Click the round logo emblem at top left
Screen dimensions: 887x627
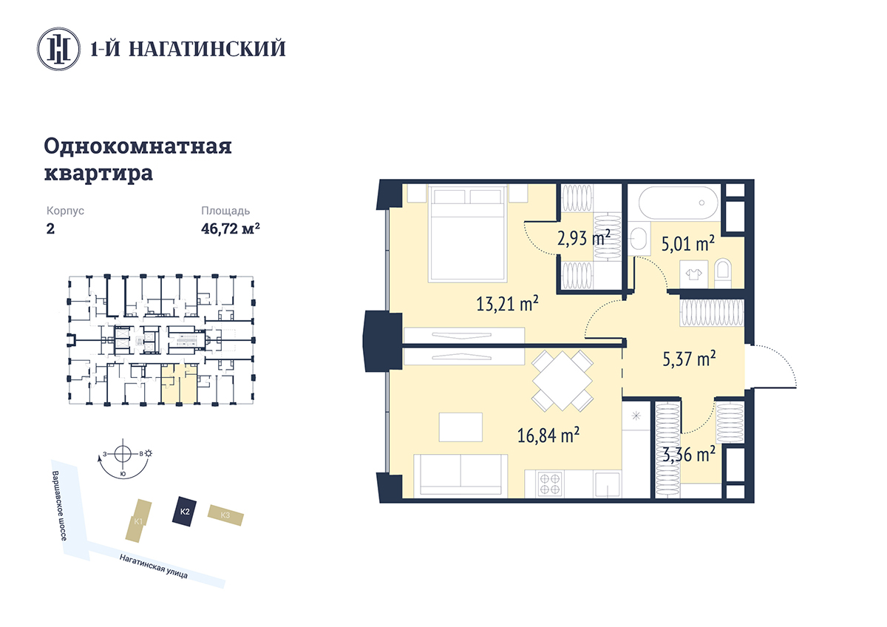(x=58, y=49)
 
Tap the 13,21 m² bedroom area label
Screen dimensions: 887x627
(x=507, y=304)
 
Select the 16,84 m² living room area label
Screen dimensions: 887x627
(x=548, y=435)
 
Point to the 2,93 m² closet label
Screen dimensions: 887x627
(x=584, y=238)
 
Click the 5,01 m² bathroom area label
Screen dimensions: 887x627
(x=688, y=243)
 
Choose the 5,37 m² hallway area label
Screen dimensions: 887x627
(x=690, y=358)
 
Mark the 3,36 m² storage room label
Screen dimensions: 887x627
(x=689, y=454)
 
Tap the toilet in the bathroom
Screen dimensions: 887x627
(x=723, y=274)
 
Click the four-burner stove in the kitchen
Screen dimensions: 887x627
(x=550, y=484)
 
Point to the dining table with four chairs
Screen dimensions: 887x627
(x=563, y=380)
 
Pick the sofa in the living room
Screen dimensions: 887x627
(x=461, y=475)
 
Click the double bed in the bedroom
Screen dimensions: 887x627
(x=468, y=234)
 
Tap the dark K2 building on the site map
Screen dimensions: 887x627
(x=185, y=512)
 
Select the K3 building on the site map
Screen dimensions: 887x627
(x=225, y=515)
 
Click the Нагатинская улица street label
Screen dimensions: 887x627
(x=154, y=566)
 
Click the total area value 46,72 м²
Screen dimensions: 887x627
(x=231, y=228)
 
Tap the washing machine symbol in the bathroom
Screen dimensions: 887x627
(x=693, y=274)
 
